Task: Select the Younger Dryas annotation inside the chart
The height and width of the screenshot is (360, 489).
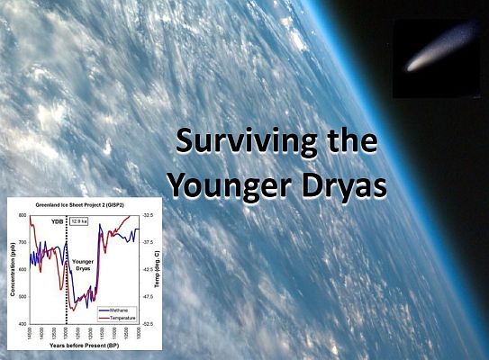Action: (x=84, y=261)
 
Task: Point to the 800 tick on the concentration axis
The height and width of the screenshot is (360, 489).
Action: (x=24, y=216)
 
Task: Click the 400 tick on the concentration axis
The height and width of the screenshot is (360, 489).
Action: (x=24, y=323)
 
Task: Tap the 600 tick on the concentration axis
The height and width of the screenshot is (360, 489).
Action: (x=24, y=270)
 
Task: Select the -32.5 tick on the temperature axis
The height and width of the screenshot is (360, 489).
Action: (x=148, y=216)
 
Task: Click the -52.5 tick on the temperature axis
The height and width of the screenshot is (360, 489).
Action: (x=148, y=323)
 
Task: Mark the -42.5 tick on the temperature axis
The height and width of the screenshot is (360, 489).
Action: (x=148, y=270)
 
